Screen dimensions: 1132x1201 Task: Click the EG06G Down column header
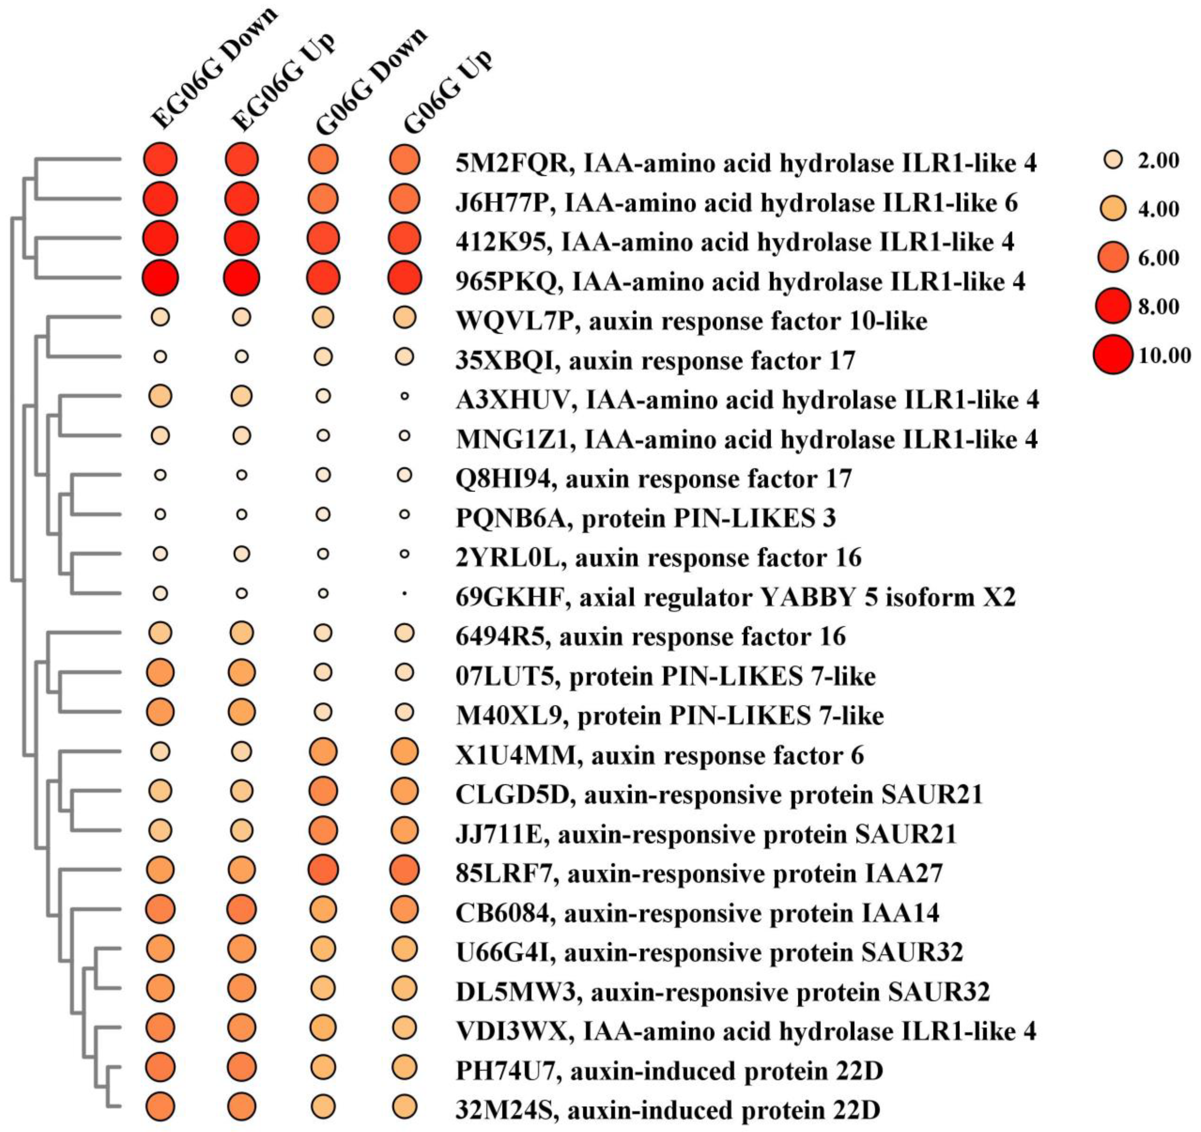click(x=215, y=69)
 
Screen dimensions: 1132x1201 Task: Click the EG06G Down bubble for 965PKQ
click(x=160, y=278)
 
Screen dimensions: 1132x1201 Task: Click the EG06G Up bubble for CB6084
click(x=242, y=910)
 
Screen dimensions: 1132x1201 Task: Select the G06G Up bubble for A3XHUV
click(x=404, y=396)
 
